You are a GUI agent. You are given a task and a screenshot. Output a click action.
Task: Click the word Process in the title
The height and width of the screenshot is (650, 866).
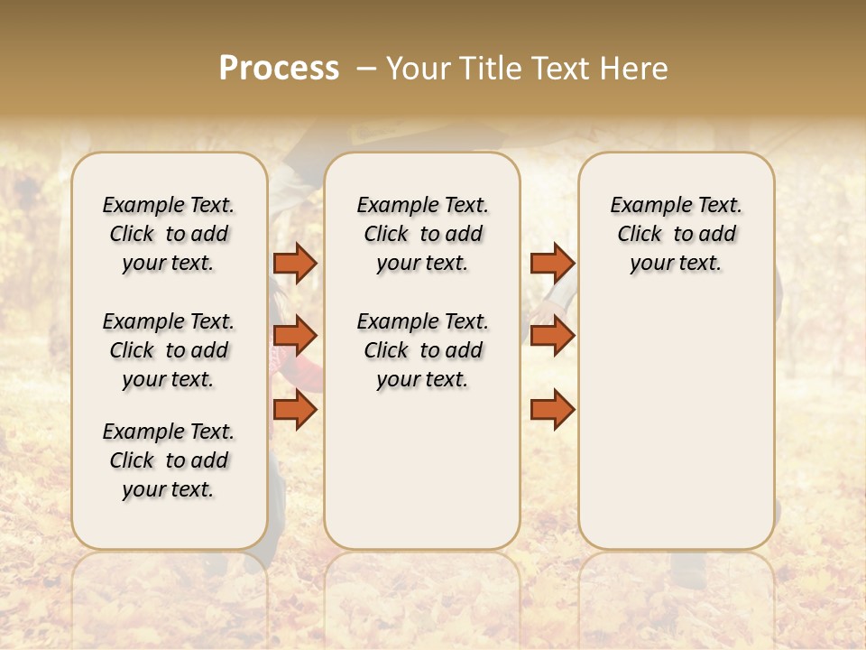point(279,69)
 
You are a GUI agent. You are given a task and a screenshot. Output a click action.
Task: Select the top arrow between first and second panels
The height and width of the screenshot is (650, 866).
point(295,263)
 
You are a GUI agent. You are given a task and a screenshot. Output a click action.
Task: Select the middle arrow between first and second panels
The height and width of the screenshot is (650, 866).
point(295,336)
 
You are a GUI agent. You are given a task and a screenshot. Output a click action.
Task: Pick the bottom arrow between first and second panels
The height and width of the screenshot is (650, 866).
point(295,409)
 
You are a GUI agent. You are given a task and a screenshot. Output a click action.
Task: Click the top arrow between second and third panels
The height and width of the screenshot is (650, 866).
point(552,263)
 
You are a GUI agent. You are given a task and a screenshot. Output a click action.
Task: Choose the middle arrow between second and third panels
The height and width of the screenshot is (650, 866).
point(552,336)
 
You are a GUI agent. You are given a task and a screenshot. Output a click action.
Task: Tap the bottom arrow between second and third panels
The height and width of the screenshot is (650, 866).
point(552,409)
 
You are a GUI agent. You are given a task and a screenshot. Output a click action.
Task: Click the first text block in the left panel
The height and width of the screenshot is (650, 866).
point(169,234)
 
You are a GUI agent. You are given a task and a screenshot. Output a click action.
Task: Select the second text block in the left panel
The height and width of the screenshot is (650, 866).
point(169,350)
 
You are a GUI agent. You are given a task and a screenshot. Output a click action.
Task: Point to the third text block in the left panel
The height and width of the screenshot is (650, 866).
point(169,460)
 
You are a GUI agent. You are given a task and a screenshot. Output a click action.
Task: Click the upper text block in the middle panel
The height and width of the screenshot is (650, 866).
point(422,234)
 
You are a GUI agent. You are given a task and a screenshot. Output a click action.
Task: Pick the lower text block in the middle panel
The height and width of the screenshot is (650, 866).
point(422,350)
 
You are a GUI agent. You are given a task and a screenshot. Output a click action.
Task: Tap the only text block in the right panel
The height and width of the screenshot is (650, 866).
point(676,234)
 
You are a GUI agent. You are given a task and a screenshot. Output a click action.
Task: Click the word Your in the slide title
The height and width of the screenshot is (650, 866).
point(417,69)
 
